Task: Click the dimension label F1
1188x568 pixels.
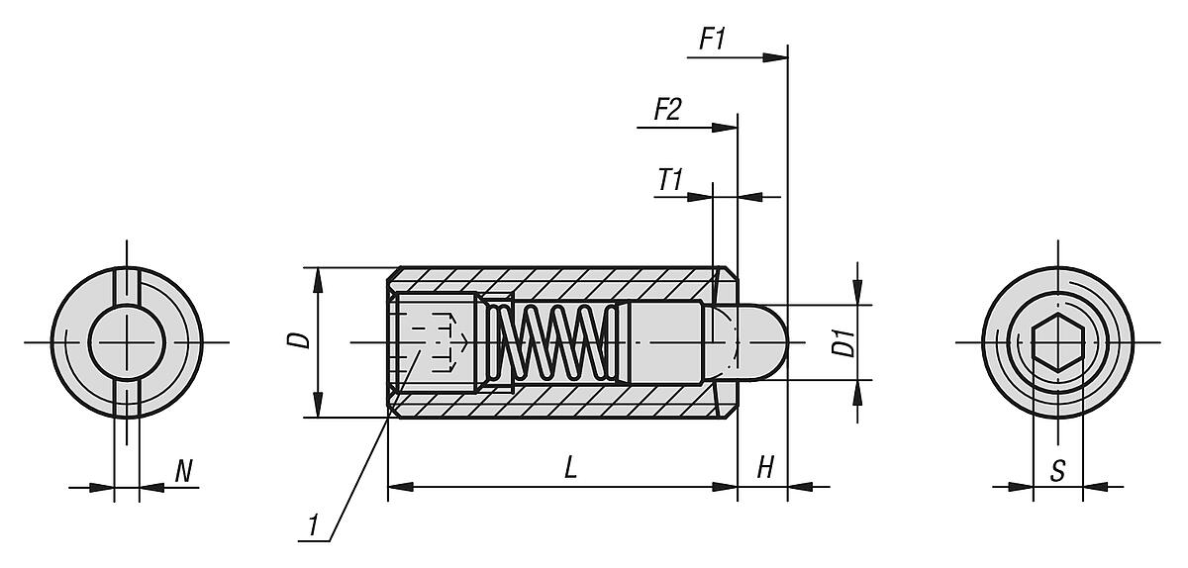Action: coord(713,41)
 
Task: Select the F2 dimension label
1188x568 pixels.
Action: coord(667,110)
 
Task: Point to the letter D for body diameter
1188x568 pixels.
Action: coord(303,340)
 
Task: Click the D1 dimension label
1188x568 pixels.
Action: coord(843,343)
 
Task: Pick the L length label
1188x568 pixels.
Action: coord(570,469)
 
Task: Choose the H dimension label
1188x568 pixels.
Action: coord(764,469)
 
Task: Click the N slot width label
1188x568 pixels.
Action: coord(183,471)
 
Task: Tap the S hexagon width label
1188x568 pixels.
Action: coord(1057,471)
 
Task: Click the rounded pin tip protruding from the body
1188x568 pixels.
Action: coord(762,342)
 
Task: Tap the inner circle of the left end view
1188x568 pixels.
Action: coord(127,342)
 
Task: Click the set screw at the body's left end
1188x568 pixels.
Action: coord(434,342)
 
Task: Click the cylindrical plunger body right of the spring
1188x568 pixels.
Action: coord(665,342)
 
